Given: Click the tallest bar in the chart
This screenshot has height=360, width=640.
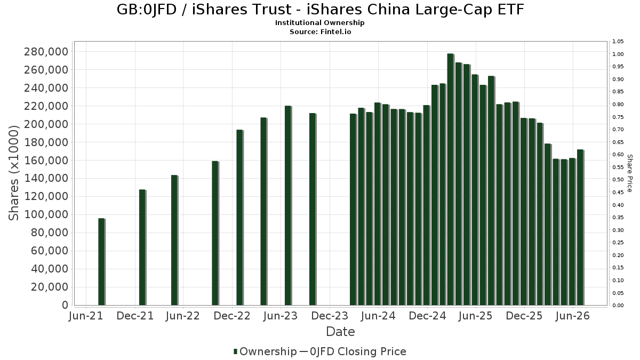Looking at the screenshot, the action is coord(451,179).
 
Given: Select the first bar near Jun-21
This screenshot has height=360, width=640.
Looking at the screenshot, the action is coord(102,262).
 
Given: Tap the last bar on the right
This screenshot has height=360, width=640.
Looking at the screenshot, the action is coord(581,227).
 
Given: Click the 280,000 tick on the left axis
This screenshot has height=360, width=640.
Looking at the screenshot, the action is coord(46,52).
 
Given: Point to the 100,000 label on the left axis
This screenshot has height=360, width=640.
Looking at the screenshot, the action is coord(46,214).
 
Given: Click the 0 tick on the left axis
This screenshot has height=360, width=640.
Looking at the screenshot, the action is coord(65,305).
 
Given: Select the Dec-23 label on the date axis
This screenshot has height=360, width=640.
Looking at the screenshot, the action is coord(330,316).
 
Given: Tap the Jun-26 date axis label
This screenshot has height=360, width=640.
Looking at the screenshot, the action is coord(573,316).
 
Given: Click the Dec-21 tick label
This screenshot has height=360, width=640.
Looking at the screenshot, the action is coord(135,316).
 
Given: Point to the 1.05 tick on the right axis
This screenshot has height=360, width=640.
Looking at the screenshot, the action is coord(618,42).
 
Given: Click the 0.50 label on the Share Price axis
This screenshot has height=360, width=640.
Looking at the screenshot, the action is coord(618,180).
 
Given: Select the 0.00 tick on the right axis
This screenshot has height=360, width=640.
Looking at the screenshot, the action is coord(618,306).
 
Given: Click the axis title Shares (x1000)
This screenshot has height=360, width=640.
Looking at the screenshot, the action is coord(13,173).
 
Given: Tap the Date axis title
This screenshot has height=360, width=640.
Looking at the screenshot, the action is coord(341,332).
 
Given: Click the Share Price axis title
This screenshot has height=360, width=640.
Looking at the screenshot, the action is coord(630,173).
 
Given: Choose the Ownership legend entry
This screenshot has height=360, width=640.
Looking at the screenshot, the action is coord(265,351).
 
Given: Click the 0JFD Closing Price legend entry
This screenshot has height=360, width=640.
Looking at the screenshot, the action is coord(353,351).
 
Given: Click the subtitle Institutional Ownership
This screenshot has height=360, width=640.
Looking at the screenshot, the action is coord(319,23).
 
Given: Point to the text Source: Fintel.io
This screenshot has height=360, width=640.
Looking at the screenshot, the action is coord(321,31).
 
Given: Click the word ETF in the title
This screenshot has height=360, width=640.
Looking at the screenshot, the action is coord(511,10).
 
